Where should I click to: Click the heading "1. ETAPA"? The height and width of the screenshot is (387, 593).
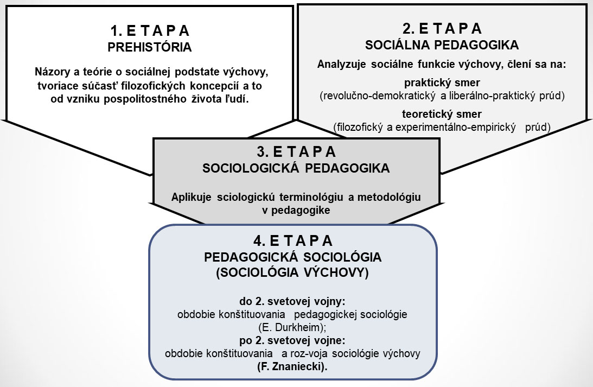[x=150, y=30]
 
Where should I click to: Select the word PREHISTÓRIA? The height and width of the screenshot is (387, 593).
[x=150, y=47]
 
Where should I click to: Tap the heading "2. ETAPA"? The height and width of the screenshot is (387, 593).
[x=442, y=29]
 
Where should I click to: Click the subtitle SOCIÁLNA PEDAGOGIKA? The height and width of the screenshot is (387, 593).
[x=442, y=45]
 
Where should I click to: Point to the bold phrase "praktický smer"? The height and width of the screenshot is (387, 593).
[x=442, y=83]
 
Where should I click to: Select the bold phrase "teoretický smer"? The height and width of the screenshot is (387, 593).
[x=442, y=114]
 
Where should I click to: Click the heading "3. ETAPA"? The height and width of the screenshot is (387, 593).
[x=296, y=151]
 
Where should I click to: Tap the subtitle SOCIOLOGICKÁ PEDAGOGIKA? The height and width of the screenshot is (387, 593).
[x=296, y=168]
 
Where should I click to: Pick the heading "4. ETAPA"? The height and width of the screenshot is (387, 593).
[x=293, y=240]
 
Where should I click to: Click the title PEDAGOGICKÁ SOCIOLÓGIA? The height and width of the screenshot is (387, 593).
[x=293, y=257]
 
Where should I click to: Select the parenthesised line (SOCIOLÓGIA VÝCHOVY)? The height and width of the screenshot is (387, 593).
[x=292, y=273]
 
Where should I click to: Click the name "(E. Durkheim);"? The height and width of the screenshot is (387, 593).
[x=292, y=327]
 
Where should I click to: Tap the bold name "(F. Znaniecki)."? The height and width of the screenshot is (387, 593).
[x=292, y=366]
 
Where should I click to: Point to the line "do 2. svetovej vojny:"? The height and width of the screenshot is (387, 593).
[x=292, y=301]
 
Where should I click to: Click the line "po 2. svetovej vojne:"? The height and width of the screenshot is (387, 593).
[x=292, y=340]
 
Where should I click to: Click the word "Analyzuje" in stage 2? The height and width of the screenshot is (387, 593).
[x=341, y=64]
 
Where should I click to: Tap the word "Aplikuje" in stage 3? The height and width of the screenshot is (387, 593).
[x=192, y=198]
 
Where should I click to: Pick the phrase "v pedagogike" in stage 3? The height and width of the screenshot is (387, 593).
[x=296, y=211]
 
